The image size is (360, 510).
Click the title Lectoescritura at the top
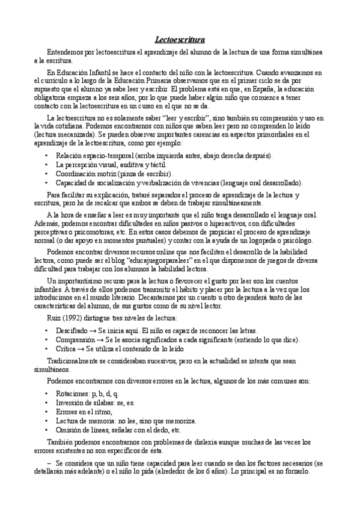coord(180,40)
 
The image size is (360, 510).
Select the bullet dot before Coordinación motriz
coord(47,173)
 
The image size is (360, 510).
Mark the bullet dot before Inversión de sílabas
coord(47,402)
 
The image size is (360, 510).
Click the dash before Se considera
coord(48,464)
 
